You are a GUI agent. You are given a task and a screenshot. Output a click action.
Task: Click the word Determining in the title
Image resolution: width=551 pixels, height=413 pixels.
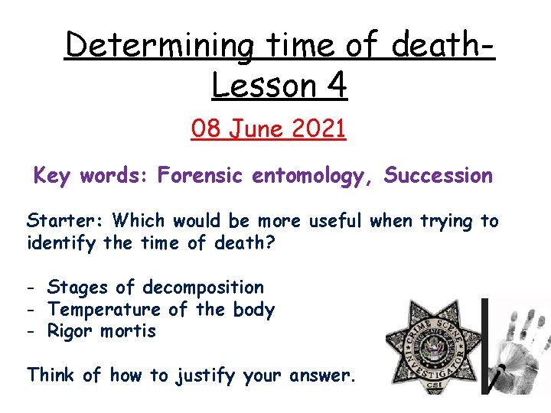pos(158,47)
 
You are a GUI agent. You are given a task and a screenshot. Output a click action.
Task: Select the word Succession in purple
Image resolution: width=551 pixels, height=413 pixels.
pos(439,176)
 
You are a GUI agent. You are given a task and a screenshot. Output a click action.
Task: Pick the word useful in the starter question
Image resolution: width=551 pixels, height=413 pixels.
pos(336,221)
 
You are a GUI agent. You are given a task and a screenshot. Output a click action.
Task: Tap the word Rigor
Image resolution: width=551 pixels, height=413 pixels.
pos(70,332)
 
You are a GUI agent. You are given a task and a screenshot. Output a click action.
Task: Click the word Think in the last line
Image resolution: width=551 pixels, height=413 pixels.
pos(51,375)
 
